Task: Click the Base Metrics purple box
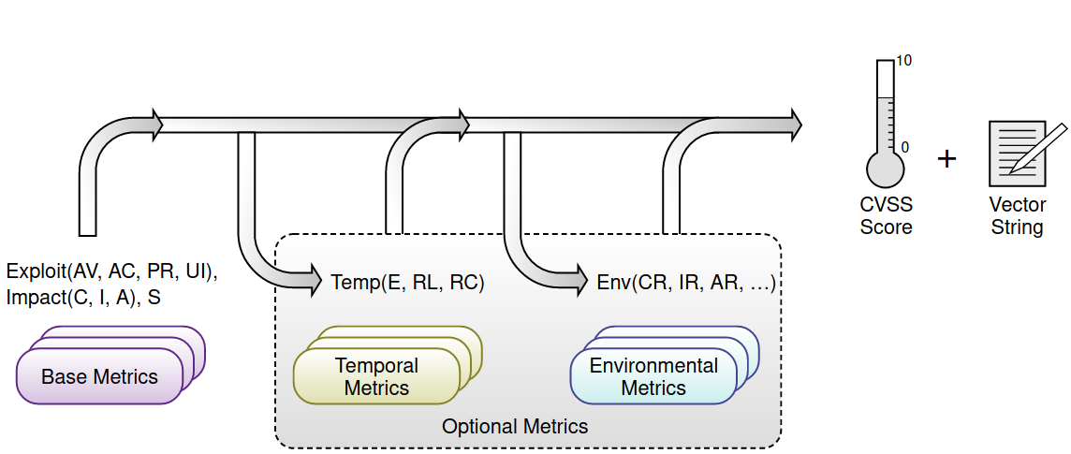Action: point(99,376)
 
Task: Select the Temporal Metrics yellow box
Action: point(376,376)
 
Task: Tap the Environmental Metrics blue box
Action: point(653,376)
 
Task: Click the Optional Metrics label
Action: point(515,427)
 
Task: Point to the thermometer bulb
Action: point(885,168)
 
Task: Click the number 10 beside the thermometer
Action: point(904,61)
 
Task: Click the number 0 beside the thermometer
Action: point(903,147)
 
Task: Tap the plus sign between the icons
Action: point(947,159)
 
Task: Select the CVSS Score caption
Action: point(886,215)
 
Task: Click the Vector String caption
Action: point(1017,215)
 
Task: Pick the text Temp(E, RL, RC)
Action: point(407,283)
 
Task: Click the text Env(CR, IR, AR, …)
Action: point(686,283)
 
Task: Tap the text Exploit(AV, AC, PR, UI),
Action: point(111,272)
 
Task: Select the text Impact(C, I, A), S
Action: point(83,298)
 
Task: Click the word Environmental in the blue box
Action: point(653,366)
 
